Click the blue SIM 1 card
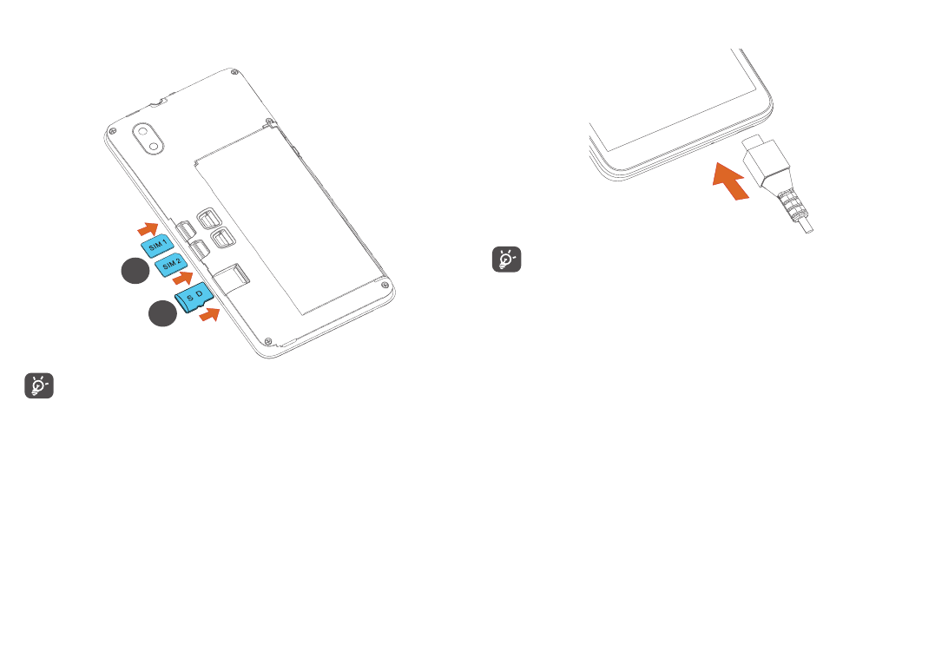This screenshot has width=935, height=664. [x=156, y=247]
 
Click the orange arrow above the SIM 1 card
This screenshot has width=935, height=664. [x=148, y=228]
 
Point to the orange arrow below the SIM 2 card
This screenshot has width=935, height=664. [x=182, y=279]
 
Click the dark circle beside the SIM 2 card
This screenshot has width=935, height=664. [x=135, y=272]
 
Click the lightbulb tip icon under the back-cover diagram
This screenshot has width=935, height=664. [x=40, y=386]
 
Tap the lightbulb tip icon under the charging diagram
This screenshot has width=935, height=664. [x=507, y=260]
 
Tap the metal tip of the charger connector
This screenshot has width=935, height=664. [x=753, y=143]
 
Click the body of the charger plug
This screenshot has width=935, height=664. [x=768, y=167]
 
